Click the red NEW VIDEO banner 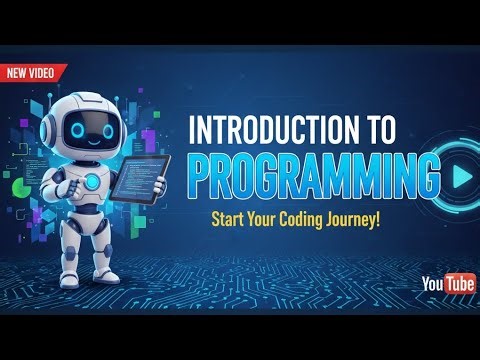point(32,72)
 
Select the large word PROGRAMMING point(313,177)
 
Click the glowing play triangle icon point(460,177)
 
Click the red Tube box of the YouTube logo point(459,284)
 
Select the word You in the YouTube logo point(432,284)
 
